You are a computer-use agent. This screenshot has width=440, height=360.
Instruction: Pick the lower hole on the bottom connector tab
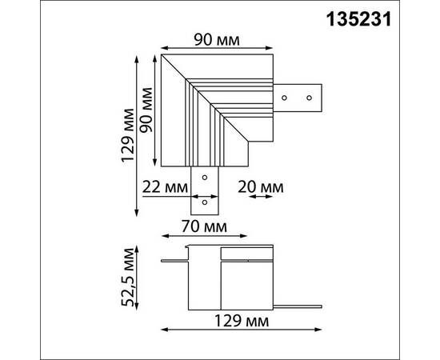[206, 202]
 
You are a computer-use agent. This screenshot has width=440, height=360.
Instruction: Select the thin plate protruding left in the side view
[174, 260]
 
